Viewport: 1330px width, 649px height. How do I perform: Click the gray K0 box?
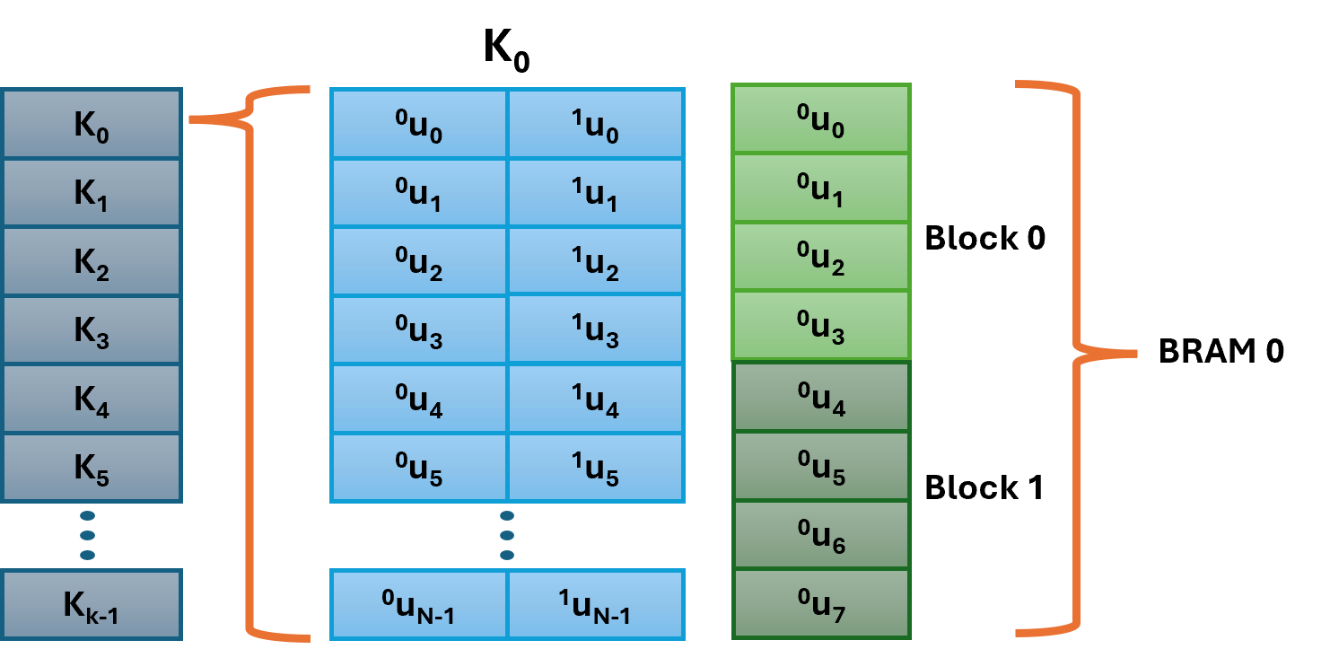pyautogui.click(x=91, y=124)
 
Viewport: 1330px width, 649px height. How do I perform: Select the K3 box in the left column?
pyautogui.click(x=91, y=330)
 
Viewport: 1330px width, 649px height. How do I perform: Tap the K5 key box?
pyautogui.click(x=91, y=468)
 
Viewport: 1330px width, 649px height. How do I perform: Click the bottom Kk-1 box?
pyautogui.click(x=91, y=604)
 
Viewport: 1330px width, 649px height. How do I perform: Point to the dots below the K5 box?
pyautogui.click(x=87, y=535)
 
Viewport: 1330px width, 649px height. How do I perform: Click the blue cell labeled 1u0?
pyautogui.click(x=596, y=124)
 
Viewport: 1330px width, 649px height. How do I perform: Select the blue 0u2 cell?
pyautogui.click(x=419, y=260)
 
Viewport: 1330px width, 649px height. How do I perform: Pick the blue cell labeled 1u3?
pyautogui.click(x=596, y=329)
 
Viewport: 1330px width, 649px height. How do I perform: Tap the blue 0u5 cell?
pyautogui.click(x=419, y=467)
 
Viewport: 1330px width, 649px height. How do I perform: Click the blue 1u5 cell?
pyautogui.click(x=596, y=467)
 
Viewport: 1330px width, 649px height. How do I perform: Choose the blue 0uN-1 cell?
pyautogui.click(x=419, y=604)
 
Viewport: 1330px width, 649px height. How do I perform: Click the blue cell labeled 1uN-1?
pyautogui.click(x=596, y=604)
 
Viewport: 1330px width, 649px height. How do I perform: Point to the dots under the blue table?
pyautogui.click(x=507, y=535)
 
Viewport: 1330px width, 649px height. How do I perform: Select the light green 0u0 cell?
pyautogui.click(x=821, y=119)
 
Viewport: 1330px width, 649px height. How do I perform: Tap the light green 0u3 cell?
pyautogui.click(x=821, y=325)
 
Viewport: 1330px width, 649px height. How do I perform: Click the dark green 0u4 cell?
pyautogui.click(x=821, y=397)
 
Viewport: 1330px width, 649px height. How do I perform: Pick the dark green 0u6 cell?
pyautogui.click(x=821, y=535)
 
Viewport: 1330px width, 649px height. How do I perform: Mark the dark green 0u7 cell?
pyautogui.click(x=821, y=603)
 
